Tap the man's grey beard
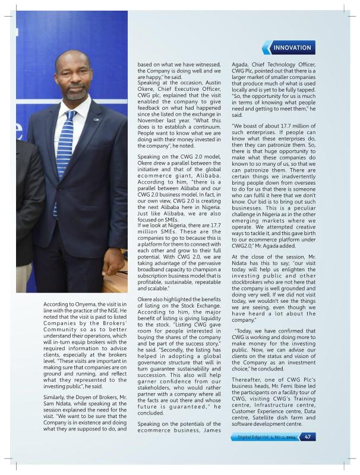[76, 93]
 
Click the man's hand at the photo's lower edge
[113, 262]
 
